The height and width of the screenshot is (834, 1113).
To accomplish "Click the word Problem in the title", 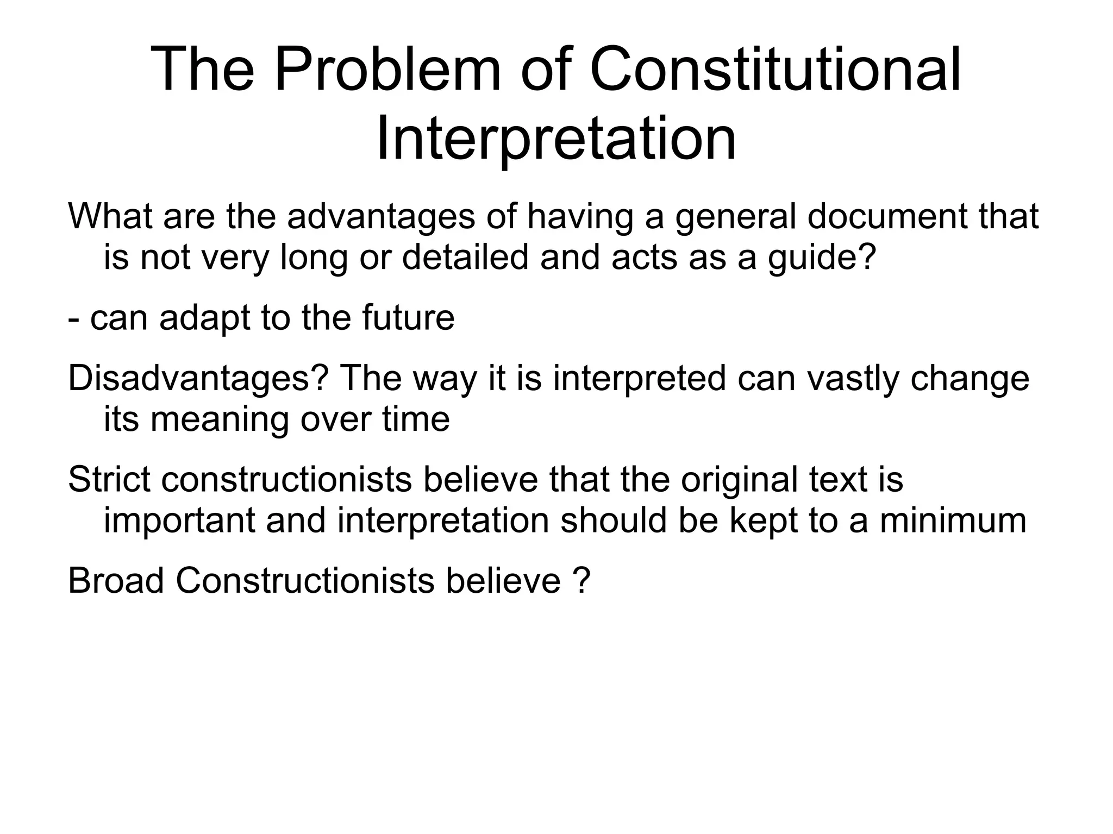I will [387, 71].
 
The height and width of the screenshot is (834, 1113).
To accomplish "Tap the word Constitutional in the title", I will [776, 71].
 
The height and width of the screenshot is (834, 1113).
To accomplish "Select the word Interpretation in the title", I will [556, 139].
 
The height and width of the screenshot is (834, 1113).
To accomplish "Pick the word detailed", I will [465, 257].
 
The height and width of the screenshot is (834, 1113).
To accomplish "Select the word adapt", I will [205, 319].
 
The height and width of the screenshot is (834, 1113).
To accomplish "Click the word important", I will [179, 521].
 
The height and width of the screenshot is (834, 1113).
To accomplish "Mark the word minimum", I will [953, 521].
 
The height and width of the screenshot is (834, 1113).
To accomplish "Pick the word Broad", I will [116, 581].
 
